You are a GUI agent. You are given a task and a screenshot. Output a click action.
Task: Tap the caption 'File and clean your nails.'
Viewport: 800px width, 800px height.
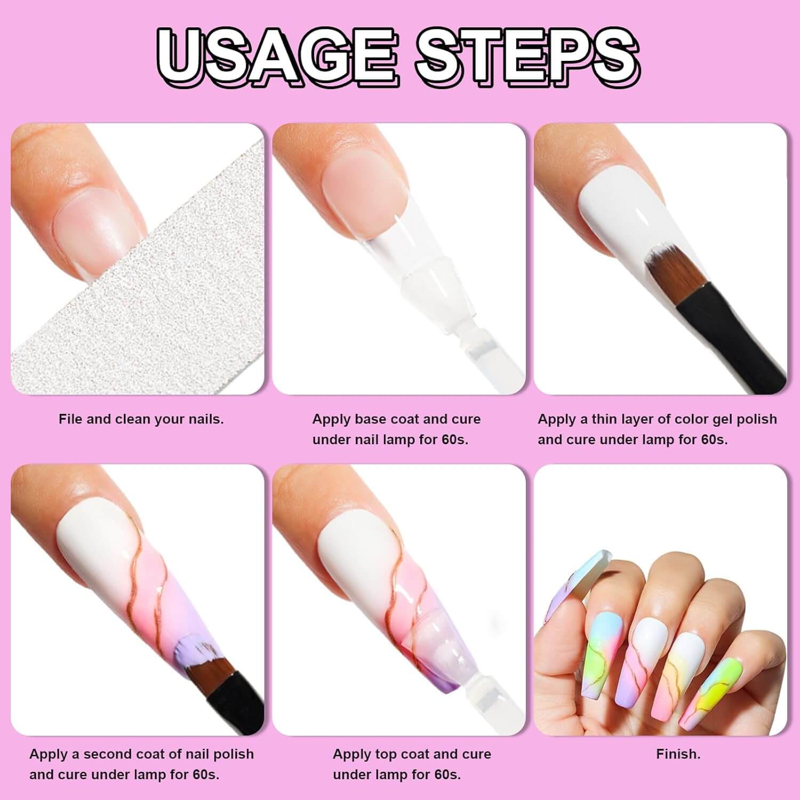pyautogui.click(x=141, y=419)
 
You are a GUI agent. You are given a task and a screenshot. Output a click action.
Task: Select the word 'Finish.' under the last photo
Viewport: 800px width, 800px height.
pyautogui.click(x=678, y=754)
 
